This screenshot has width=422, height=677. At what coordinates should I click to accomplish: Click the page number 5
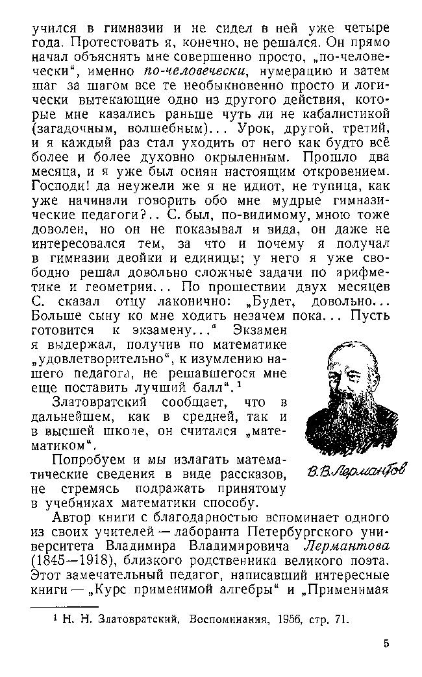click(386, 645)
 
